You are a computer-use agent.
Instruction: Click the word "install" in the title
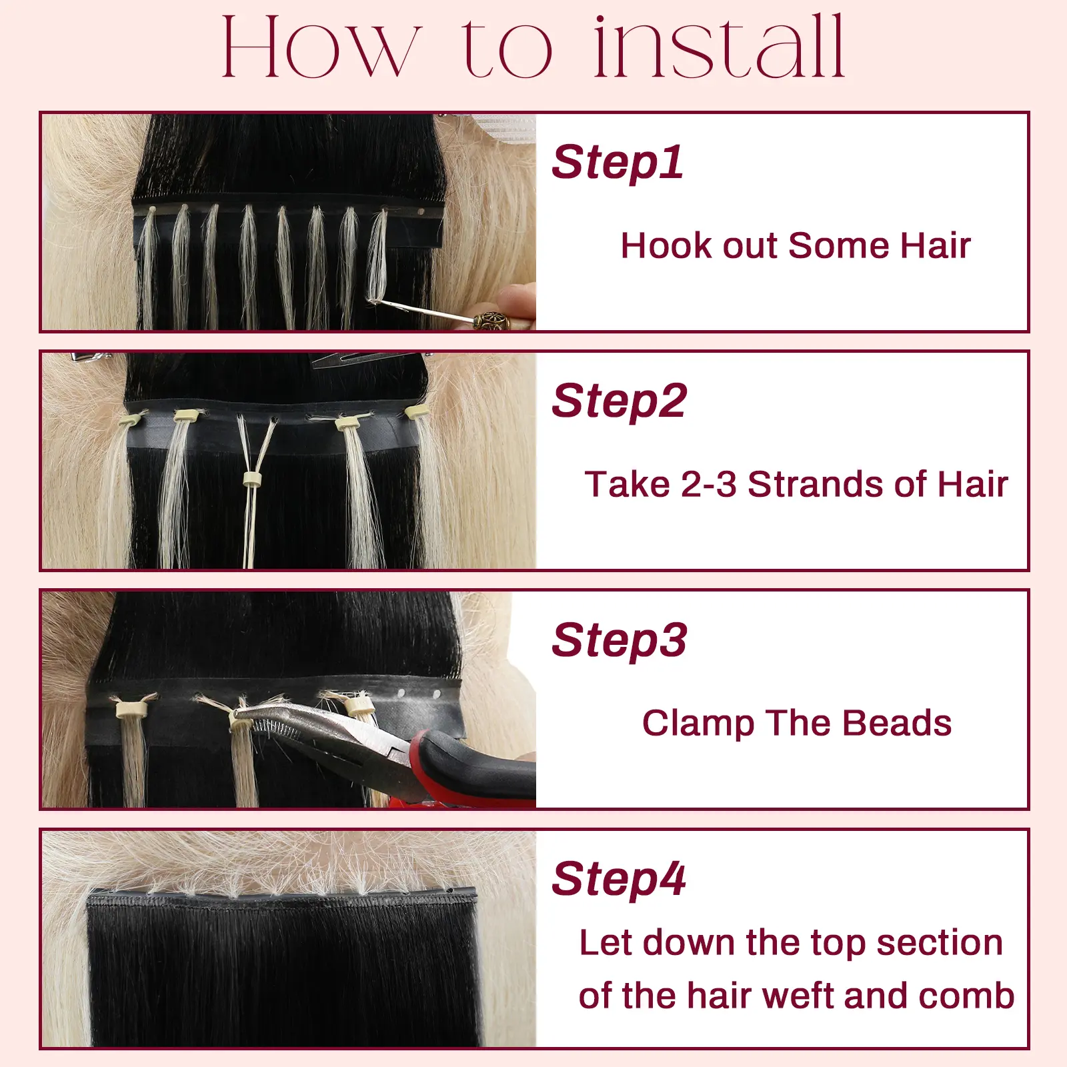tap(720, 47)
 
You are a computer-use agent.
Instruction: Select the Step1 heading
tap(618, 162)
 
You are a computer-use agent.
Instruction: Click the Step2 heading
tap(619, 401)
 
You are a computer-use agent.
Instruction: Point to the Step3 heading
tap(619, 640)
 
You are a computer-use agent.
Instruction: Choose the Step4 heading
tap(618, 878)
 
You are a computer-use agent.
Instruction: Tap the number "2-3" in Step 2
tap(709, 484)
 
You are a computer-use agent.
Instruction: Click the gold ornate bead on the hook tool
tap(491, 321)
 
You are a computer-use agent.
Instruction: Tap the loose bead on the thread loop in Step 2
tap(251, 479)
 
